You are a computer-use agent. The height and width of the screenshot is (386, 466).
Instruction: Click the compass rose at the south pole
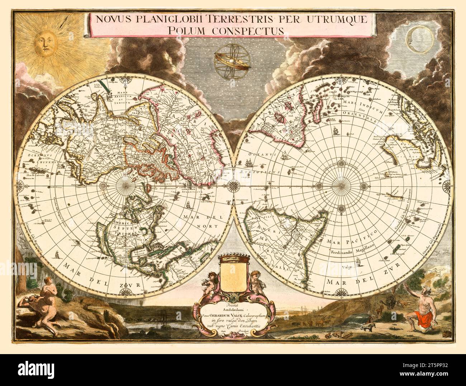[x=341, y=186]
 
